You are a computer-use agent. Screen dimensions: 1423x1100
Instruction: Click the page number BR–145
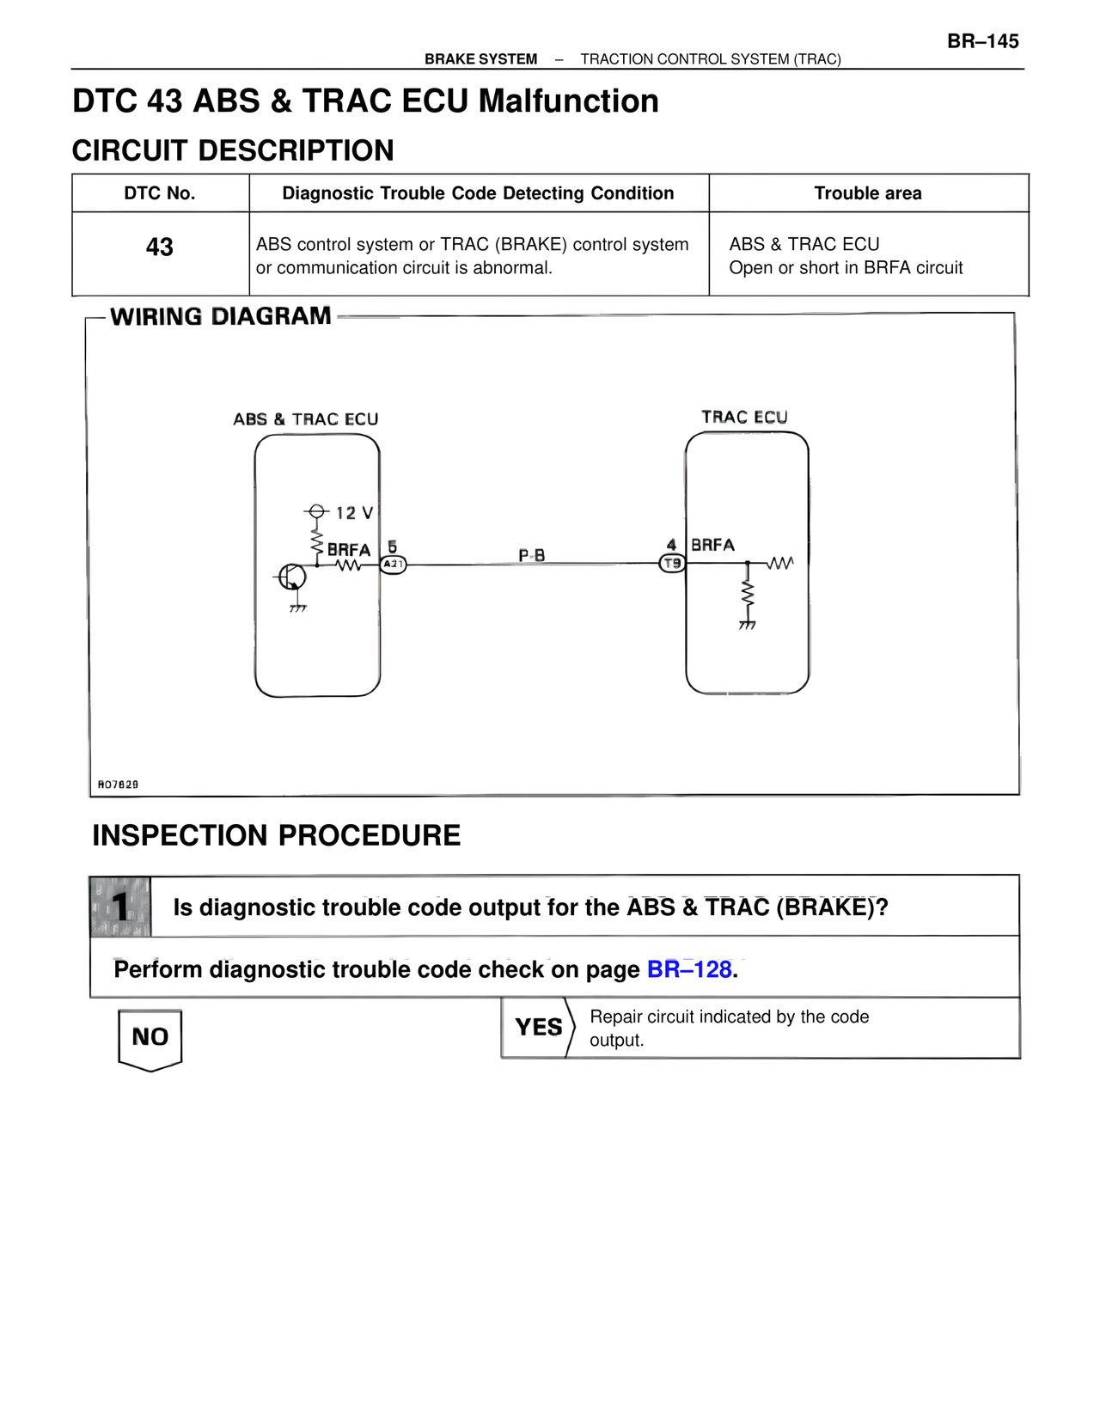pyautogui.click(x=982, y=41)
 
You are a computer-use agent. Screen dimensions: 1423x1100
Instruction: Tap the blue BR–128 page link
pyautogui.click(x=689, y=969)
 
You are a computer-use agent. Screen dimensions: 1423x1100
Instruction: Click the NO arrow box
pyautogui.click(x=150, y=1038)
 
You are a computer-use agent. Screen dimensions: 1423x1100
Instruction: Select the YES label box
pyautogui.click(x=538, y=1027)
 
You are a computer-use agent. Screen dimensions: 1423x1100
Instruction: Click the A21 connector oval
pyautogui.click(x=393, y=565)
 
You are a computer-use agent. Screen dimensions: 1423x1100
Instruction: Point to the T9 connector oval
pyautogui.click(x=672, y=564)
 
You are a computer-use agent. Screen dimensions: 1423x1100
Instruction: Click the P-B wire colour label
pyautogui.click(x=531, y=555)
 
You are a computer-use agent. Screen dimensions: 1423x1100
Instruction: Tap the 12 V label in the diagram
pyautogui.click(x=354, y=513)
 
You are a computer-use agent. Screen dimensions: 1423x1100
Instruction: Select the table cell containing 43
pyautogui.click(x=160, y=247)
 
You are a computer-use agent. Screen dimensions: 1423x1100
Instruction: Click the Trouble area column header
pyautogui.click(x=868, y=193)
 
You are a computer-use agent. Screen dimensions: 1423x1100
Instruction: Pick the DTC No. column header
pyautogui.click(x=160, y=193)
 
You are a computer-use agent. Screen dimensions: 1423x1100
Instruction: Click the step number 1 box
pyautogui.click(x=120, y=907)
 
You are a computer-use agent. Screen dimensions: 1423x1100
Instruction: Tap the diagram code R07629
pyautogui.click(x=118, y=785)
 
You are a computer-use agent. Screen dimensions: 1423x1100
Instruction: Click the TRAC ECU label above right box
pyautogui.click(x=744, y=418)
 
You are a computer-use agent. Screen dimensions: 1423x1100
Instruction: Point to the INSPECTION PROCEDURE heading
pyautogui.click(x=276, y=835)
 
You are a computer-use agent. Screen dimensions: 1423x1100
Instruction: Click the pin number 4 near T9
pyautogui.click(x=671, y=545)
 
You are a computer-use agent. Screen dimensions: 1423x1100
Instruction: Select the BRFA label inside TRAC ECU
pyautogui.click(x=712, y=545)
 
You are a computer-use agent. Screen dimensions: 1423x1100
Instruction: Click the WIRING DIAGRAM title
pyautogui.click(x=221, y=316)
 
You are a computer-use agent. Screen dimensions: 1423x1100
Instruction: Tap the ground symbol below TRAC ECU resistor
pyautogui.click(x=747, y=626)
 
